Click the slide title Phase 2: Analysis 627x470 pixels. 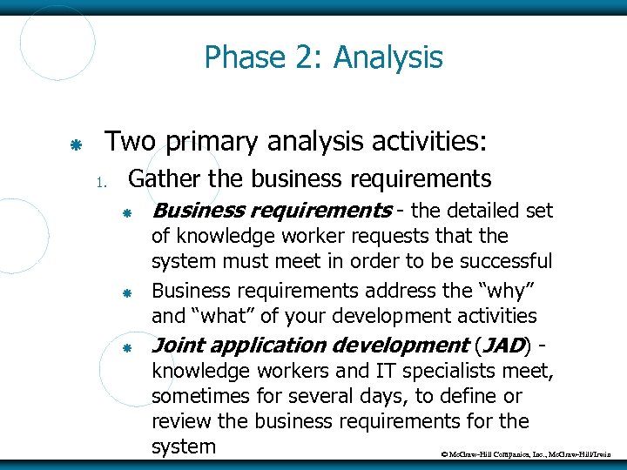(x=323, y=58)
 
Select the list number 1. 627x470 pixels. (x=101, y=182)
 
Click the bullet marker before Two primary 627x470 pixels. (x=75, y=143)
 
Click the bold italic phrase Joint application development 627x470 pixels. (x=310, y=345)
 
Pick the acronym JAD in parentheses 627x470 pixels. (x=503, y=345)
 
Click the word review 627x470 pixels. (x=179, y=422)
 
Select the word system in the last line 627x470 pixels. (x=183, y=446)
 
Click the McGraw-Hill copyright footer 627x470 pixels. (x=528, y=454)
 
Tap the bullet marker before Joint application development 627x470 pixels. (x=126, y=347)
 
